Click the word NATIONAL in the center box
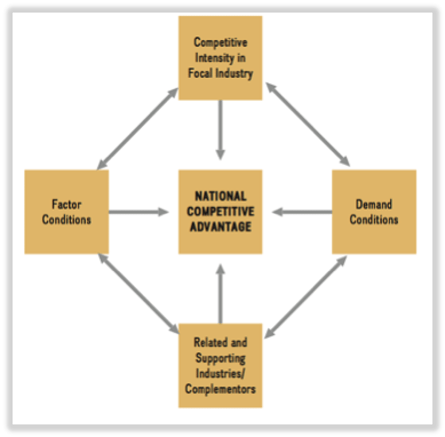(x=220, y=197)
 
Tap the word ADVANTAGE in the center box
(x=220, y=227)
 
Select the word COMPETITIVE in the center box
(x=220, y=212)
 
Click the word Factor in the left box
(x=66, y=204)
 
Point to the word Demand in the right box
(x=374, y=204)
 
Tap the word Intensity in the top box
(x=220, y=58)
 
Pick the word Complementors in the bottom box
(x=220, y=389)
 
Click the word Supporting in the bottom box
(x=220, y=358)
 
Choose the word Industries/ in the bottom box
(x=220, y=374)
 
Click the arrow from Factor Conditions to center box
(x=138, y=212)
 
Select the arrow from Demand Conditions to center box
(x=302, y=212)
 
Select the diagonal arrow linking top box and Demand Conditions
(x=308, y=125)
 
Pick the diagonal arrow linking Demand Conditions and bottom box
(x=305, y=297)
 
